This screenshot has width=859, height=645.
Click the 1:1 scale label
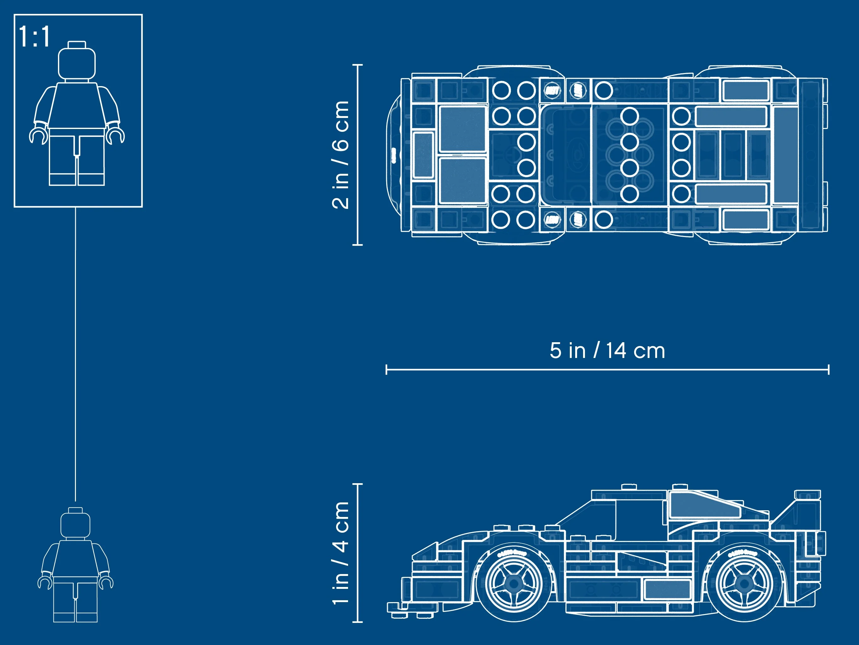point(34,37)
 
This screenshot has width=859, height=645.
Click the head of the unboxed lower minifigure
point(75,525)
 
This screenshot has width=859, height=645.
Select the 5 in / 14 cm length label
point(607,351)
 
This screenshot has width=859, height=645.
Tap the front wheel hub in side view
point(514,583)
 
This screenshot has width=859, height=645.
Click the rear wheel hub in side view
point(744,583)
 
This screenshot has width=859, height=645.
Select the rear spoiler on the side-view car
point(807,495)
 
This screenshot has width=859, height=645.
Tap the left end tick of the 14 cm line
point(387,369)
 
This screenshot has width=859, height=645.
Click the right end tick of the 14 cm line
point(828,369)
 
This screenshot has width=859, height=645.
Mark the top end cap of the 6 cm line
point(357,65)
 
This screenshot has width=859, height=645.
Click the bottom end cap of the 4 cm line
point(357,622)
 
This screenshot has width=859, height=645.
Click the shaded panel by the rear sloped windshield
point(703,505)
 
